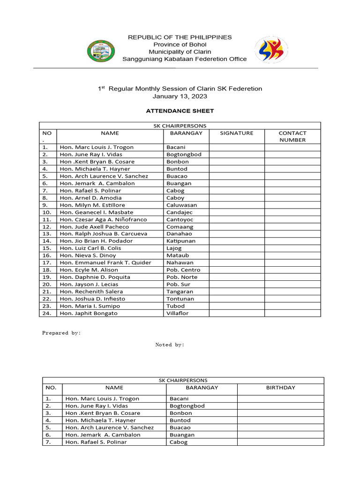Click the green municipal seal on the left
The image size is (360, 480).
(101, 51)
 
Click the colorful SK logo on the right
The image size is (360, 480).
(268, 50)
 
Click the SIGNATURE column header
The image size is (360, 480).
(237, 133)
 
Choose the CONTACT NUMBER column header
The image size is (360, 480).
(292, 136)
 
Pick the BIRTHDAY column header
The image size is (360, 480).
(280, 388)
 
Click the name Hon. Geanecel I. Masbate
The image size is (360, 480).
(97, 212)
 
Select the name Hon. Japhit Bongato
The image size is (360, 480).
(89, 313)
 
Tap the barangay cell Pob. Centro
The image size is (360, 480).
(183, 270)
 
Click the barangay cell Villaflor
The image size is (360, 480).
(178, 313)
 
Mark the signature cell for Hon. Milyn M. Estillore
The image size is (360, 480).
(237, 205)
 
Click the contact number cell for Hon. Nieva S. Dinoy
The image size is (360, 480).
(292, 255)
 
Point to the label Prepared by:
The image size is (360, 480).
(61, 333)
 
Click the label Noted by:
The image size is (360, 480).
(170, 345)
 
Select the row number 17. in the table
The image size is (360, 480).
(46, 263)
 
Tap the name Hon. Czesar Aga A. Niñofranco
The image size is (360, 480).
(103, 219)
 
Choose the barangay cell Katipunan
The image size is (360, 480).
(181, 241)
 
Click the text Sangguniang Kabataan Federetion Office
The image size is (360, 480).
(184, 59)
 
